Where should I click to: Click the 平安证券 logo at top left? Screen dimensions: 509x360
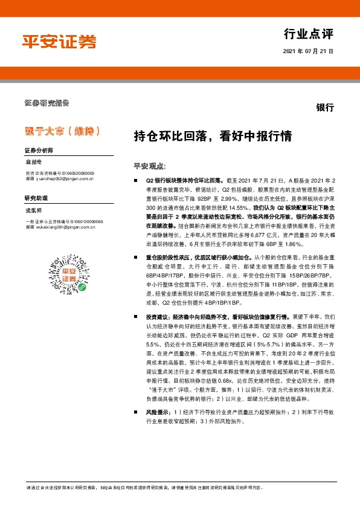point(59,41)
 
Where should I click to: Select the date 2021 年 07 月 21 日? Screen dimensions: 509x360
point(307,52)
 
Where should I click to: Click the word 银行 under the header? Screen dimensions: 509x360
point(324,108)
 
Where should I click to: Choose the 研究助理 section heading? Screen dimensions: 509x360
point(36,198)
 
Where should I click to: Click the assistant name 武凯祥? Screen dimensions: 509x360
point(34,210)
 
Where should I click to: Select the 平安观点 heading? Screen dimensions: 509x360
point(149,165)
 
